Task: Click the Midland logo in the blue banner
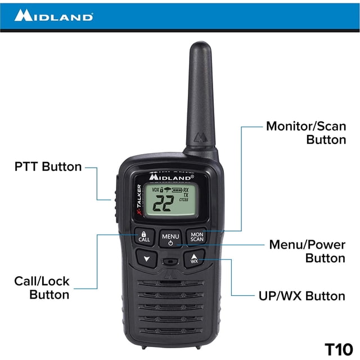coord(54,15)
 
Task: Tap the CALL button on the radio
coord(145,237)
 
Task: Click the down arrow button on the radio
coord(147,259)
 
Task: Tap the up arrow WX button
coord(194,259)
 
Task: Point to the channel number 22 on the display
coord(163,203)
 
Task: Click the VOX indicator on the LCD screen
coord(155,190)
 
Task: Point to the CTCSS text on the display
coord(184,200)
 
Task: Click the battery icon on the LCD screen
coord(177,190)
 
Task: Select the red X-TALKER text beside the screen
coord(139,200)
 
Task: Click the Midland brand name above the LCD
coord(171,177)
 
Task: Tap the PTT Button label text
coord(48,166)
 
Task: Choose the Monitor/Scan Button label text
coord(306,133)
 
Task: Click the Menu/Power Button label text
coord(307,251)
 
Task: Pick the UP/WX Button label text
coord(302,296)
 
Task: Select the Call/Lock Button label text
coord(42,287)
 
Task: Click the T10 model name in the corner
coord(339,349)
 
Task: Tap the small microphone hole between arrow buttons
coord(170,262)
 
